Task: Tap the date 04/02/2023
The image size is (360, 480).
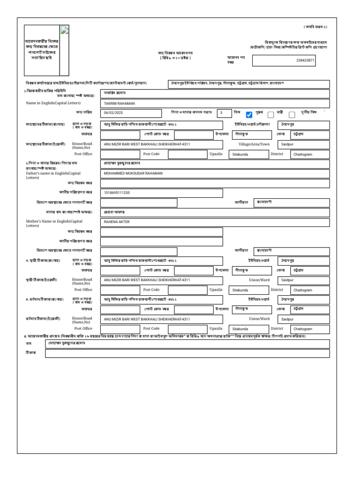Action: click(x=113, y=113)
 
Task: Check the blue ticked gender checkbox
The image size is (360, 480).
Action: click(x=249, y=114)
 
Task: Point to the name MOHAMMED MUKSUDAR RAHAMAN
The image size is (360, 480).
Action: click(x=133, y=173)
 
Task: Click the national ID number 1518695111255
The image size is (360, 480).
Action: click(x=117, y=193)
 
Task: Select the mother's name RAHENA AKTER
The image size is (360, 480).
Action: click(x=116, y=222)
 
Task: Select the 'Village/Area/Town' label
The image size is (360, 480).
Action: click(x=254, y=144)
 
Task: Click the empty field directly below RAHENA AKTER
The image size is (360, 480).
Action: click(x=161, y=232)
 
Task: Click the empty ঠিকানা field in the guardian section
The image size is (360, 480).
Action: click(x=187, y=354)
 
